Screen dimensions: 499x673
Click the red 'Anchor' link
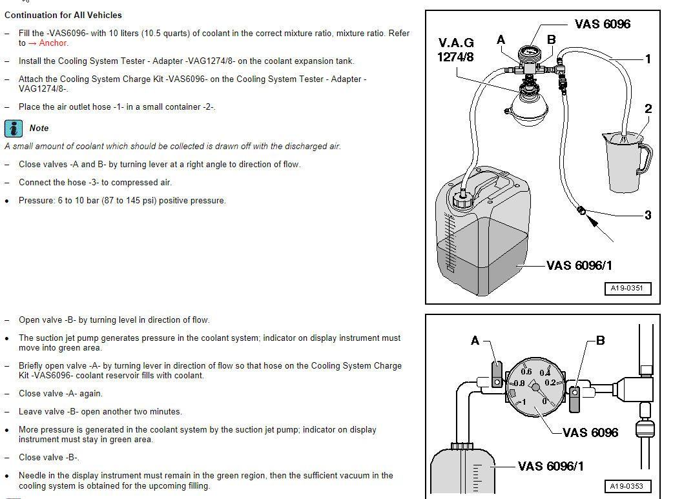pos(53,43)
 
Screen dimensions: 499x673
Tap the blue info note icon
pos(14,128)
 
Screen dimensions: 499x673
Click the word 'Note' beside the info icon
pos(39,128)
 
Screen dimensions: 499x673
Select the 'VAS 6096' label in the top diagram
pos(602,24)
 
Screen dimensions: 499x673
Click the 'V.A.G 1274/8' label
pos(456,50)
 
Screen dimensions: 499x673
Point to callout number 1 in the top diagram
pos(648,59)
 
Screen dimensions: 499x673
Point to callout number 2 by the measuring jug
pos(648,108)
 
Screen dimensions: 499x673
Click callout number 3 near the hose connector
pos(648,215)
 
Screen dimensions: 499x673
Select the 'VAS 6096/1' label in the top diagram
pos(579,265)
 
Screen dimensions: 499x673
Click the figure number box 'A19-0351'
pos(628,289)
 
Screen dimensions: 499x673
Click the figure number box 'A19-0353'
pos(628,486)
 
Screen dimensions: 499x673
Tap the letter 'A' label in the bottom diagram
pos(475,340)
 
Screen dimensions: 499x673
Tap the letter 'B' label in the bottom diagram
pos(600,340)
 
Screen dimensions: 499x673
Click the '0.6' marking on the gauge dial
pos(526,371)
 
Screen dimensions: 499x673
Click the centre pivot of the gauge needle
pos(535,387)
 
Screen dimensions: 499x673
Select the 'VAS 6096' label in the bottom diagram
pos(590,433)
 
